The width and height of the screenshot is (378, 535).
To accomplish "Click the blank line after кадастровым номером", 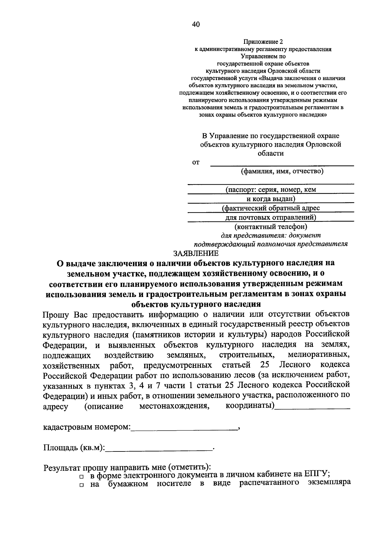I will click(x=184, y=429).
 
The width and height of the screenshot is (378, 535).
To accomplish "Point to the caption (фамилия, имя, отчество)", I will click(x=282, y=172).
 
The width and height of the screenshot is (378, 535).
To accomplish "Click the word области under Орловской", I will click(x=271, y=154).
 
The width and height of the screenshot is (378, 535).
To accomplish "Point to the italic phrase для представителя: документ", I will click(x=270, y=235).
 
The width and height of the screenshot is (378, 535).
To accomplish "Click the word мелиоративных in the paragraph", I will click(x=318, y=355).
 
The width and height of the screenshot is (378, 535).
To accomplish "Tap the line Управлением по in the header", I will click(x=263, y=56).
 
